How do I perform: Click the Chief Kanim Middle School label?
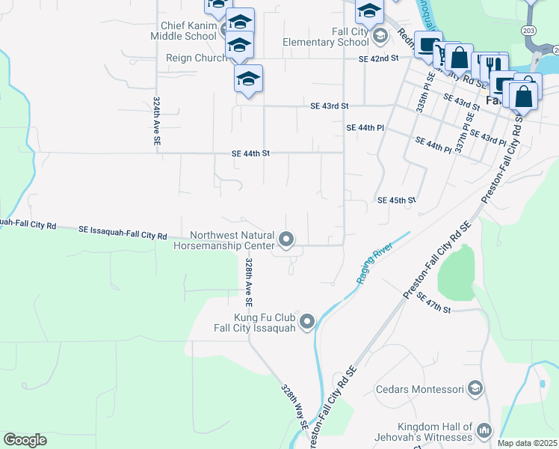click(183, 31)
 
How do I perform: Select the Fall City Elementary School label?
click(326, 37)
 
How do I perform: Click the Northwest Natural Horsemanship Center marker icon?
click(285, 239)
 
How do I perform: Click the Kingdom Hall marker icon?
click(484, 430)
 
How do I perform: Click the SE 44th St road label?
click(250, 153)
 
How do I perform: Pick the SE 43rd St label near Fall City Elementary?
click(330, 106)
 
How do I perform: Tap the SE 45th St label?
click(396, 201)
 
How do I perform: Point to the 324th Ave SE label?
click(157, 120)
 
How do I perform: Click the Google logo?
click(25, 440)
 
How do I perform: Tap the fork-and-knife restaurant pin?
click(491, 64)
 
